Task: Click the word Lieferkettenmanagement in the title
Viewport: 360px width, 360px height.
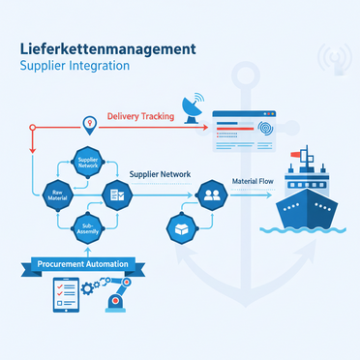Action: tap(107, 47)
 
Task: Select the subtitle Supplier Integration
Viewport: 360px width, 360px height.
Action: tap(73, 66)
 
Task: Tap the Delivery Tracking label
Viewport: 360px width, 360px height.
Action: tap(141, 117)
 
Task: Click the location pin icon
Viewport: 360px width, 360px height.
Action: tap(90, 124)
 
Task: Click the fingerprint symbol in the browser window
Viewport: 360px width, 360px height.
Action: tap(267, 126)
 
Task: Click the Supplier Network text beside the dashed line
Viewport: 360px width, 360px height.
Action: tap(160, 174)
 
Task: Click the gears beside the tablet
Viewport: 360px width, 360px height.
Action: tap(93, 287)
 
